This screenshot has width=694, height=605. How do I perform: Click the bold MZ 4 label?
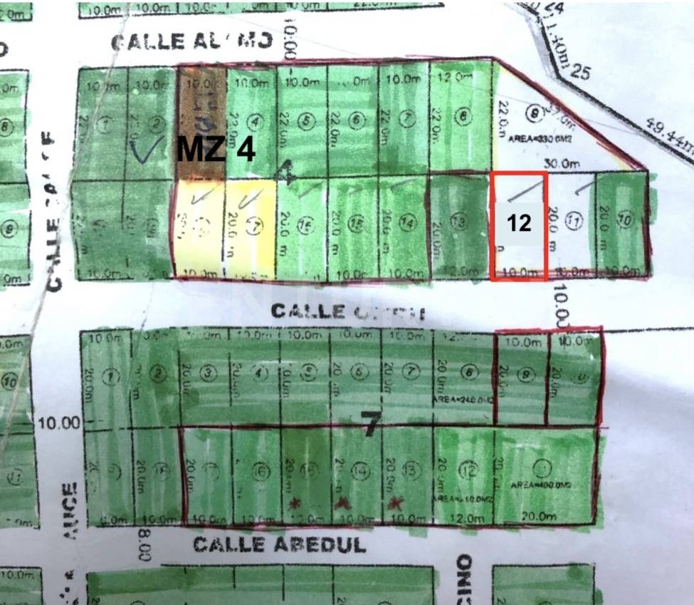point(216,150)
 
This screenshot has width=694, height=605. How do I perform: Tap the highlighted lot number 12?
point(520,222)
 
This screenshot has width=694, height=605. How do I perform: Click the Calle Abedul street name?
point(279,544)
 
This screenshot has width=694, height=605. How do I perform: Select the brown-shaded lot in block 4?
point(201,121)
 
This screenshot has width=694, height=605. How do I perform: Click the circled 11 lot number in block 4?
point(574,221)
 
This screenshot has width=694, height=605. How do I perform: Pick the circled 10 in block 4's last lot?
point(625,221)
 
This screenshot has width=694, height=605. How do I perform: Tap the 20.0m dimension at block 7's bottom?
point(538,517)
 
